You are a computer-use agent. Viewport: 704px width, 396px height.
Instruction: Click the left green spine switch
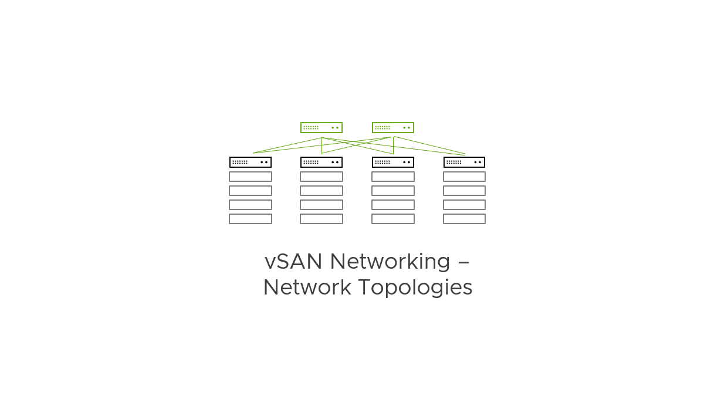tap(321, 127)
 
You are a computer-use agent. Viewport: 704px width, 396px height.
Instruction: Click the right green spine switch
tap(393, 127)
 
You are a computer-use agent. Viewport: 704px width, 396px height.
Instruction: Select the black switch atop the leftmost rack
tap(251, 162)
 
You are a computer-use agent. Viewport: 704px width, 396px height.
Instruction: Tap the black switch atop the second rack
tap(321, 162)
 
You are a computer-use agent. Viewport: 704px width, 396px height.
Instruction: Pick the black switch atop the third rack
tap(393, 162)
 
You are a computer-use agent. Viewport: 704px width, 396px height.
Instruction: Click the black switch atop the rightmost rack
tap(464, 162)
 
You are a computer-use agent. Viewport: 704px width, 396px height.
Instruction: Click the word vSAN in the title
tap(293, 261)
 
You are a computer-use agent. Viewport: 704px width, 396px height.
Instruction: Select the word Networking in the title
tap(390, 261)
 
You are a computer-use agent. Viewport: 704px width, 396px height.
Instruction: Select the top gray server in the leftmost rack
tap(251, 177)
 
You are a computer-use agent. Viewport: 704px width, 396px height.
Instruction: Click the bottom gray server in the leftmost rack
tap(251, 219)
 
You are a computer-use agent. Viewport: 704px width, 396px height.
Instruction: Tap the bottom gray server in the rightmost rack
tap(464, 219)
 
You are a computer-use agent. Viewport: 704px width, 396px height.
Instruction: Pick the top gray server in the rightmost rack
tap(464, 177)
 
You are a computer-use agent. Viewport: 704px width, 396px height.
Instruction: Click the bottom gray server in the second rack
tap(321, 219)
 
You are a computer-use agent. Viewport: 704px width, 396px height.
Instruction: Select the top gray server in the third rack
tap(393, 177)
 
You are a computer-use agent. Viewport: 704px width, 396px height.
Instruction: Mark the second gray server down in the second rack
tap(321, 191)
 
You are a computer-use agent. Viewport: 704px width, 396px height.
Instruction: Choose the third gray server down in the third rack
tap(393, 205)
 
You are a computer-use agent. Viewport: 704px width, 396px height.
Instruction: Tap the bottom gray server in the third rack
tap(393, 219)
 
